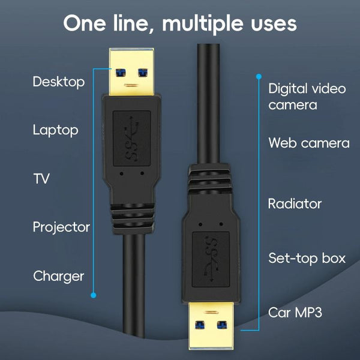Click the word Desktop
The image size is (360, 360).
click(59, 82)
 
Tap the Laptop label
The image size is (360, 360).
click(56, 130)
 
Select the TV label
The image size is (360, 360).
click(41, 179)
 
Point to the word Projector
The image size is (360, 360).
click(61, 227)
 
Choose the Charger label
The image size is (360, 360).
click(59, 276)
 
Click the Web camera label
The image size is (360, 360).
click(309, 143)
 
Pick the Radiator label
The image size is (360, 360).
click(295, 203)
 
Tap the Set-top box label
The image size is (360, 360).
click(307, 258)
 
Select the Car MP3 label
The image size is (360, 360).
click(295, 313)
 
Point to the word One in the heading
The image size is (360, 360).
click(85, 23)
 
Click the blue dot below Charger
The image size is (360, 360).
click(93, 295)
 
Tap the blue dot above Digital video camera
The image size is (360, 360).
click(259, 76)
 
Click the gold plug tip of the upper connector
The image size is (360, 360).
click(131, 71)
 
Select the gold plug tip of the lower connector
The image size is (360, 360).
click(211, 326)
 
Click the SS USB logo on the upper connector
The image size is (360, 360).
click(131, 138)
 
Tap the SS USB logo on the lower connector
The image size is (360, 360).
click(211, 259)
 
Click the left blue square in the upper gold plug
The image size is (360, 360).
click(121, 73)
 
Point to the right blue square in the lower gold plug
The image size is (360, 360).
click(222, 325)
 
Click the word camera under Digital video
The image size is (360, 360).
click(293, 105)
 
